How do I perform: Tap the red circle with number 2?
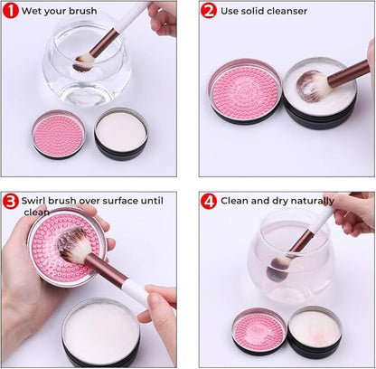[208, 12]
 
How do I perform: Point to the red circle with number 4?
[208, 201]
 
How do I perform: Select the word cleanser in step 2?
[284, 12]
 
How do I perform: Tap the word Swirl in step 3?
[38, 200]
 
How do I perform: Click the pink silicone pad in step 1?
[59, 134]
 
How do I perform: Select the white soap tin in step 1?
[120, 132]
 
